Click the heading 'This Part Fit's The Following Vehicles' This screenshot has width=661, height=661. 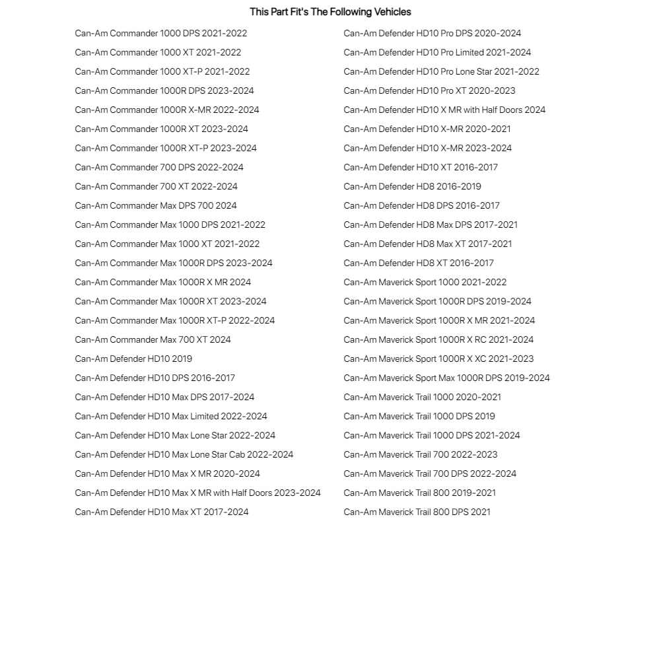point(330,12)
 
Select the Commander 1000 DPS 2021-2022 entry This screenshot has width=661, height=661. point(160,33)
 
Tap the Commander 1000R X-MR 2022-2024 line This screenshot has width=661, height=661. point(166,110)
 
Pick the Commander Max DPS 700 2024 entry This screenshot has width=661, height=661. point(155,205)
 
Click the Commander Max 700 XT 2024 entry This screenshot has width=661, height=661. point(153,339)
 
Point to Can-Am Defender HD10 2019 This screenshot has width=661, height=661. point(133,359)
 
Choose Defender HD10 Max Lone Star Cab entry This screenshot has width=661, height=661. point(184,454)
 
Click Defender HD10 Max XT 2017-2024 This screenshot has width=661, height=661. point(161,512)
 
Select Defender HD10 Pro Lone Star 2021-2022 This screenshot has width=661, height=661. point(441,71)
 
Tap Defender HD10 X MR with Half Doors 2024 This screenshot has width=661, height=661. point(444,110)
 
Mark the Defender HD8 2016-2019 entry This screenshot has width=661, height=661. point(412,186)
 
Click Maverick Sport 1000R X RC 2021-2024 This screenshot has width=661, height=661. point(438,339)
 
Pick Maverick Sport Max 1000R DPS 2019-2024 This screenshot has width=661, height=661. point(446,378)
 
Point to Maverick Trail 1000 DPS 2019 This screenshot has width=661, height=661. point(419,416)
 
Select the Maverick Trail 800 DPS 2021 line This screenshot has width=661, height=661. point(417,512)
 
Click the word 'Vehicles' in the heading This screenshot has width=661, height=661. point(393,12)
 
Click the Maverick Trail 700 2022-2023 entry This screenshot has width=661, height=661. point(420,454)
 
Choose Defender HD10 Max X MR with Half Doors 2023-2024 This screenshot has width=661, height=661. point(197,493)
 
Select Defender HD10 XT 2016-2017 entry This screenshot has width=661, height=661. point(421,167)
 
